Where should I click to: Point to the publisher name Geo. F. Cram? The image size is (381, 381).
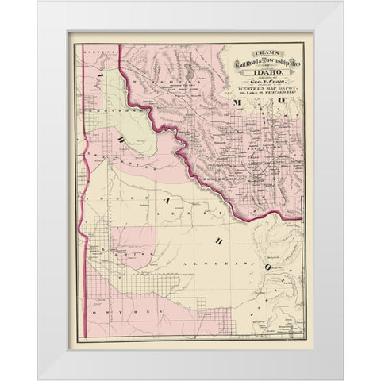pos(252,82)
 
